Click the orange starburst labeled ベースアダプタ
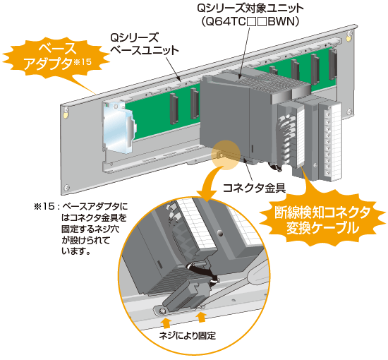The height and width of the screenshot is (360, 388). pyautogui.click(x=56, y=56)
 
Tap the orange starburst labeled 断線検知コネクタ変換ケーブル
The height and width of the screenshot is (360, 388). pyautogui.click(x=322, y=220)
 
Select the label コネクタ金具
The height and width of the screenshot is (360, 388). pyautogui.click(x=254, y=188)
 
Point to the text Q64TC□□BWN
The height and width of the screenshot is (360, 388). pyautogui.click(x=250, y=22)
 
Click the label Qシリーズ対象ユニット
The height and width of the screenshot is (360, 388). pyautogui.click(x=250, y=8)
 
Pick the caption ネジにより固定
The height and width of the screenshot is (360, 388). pyautogui.click(x=188, y=336)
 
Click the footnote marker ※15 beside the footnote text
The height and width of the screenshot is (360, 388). pyautogui.click(x=44, y=206)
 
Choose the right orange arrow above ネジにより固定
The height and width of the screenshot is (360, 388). pyautogui.click(x=202, y=317)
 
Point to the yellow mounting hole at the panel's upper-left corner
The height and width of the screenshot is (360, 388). pyautogui.click(x=65, y=115)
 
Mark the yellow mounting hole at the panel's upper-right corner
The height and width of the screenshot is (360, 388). pyautogui.click(x=348, y=38)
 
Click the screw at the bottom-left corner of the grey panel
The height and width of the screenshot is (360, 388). pyautogui.click(x=66, y=188)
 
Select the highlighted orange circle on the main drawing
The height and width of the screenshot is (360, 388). pyautogui.click(x=226, y=155)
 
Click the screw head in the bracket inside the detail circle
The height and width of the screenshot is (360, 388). pyautogui.click(x=162, y=311)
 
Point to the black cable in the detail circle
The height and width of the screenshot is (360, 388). pyautogui.click(x=200, y=272)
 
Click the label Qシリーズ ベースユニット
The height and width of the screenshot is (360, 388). pyautogui.click(x=144, y=44)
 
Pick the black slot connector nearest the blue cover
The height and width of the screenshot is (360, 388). pyautogui.click(x=174, y=109)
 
